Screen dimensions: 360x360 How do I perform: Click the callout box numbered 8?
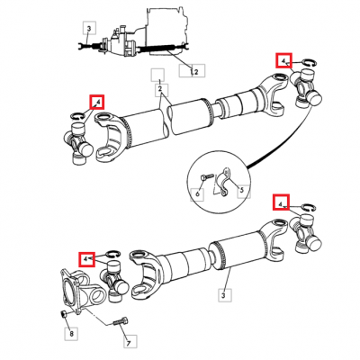[x=71, y=333]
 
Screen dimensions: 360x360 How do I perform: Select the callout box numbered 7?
[x=130, y=341]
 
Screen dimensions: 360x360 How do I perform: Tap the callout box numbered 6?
[x=197, y=194]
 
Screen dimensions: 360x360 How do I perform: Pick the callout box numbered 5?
[x=244, y=192]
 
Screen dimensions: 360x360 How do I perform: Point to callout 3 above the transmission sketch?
[x=89, y=29]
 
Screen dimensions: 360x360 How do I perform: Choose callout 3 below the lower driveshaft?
[x=225, y=295]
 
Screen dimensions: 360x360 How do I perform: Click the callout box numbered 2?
[x=161, y=90]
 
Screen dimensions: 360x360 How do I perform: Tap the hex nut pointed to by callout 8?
[x=63, y=314]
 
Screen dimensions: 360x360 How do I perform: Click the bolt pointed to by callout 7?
[x=121, y=322]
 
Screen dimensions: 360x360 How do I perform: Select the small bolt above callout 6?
[x=205, y=176]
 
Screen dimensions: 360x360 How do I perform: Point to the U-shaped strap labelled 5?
[x=224, y=183]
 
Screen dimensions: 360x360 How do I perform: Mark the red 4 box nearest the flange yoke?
[x=86, y=259]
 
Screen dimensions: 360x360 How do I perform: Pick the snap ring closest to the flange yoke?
[x=113, y=254]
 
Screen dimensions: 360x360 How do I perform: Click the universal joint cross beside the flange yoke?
[x=114, y=281]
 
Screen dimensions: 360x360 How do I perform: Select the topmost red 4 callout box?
[x=283, y=61]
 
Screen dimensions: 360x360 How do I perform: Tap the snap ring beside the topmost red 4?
[x=308, y=62]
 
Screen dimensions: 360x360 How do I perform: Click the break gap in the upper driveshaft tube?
[x=167, y=120]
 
